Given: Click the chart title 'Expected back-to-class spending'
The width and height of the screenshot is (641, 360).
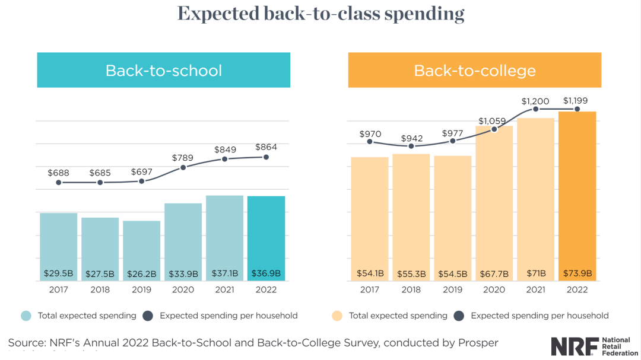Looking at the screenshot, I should point(320,14).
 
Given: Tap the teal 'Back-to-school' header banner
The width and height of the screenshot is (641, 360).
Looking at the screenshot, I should point(164,70).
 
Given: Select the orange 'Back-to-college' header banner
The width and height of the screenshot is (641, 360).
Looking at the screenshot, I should point(474,70).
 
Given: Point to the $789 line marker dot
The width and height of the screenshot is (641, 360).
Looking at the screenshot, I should point(183,167).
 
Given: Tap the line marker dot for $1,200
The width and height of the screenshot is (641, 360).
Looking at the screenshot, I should point(535,109).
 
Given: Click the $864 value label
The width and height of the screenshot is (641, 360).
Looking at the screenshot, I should point(266,146).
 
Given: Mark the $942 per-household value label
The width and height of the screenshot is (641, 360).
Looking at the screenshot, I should point(412,138).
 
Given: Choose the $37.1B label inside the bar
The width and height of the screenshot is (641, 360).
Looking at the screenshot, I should point(224,273).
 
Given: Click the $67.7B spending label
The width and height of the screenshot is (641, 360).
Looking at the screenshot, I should point(494,273).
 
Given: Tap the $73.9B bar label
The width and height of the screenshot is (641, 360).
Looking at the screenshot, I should point(577,273).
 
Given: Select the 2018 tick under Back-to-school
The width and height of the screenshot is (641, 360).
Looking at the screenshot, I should point(100,290).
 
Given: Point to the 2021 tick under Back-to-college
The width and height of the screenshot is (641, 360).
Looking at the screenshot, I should point(535,290).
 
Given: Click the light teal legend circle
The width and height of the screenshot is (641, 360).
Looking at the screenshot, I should point(26,316).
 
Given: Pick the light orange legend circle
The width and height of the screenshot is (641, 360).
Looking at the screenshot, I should point(337,316).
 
